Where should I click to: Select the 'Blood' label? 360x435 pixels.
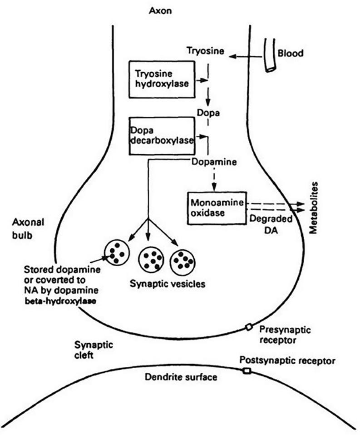click(291, 53)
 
